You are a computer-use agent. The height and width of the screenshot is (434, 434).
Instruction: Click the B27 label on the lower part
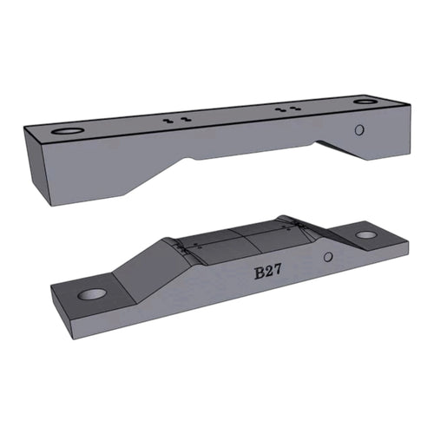(x=268, y=273)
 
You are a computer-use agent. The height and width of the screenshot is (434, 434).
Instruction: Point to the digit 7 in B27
(x=278, y=271)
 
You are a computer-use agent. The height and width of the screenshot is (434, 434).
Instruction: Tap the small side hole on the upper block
(x=359, y=130)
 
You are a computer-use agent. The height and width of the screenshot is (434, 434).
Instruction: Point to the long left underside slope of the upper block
(x=152, y=178)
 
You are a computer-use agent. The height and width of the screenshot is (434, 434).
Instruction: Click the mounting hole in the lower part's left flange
(x=90, y=294)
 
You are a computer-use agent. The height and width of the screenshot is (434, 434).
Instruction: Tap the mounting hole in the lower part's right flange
(x=366, y=234)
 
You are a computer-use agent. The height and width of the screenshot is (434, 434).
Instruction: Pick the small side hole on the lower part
(x=327, y=258)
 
